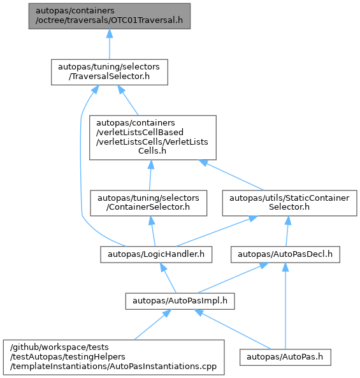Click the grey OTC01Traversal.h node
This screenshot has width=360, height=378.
click(x=110, y=16)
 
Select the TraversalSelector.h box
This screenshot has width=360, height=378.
click(x=110, y=72)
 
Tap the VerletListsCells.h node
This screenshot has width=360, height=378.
click(x=153, y=138)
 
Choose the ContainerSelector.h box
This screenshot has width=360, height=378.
click(x=148, y=203)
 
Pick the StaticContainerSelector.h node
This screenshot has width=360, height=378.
click(x=289, y=203)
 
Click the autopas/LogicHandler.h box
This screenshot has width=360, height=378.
click(x=156, y=254)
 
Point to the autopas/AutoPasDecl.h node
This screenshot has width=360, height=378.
click(x=285, y=254)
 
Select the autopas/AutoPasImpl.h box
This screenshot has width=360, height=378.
click(x=180, y=301)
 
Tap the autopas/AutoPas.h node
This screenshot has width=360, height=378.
click(x=285, y=357)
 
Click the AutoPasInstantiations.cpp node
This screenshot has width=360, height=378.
click(x=114, y=357)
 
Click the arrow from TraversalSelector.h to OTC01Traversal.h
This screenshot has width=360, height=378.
click(x=110, y=44)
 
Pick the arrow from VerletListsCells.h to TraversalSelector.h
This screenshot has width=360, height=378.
click(x=127, y=100)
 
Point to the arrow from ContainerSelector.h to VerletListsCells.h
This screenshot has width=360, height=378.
click(x=150, y=175)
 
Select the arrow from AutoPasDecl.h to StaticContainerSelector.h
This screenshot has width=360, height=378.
click(x=287, y=231)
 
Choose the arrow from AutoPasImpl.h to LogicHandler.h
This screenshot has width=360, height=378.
click(x=168, y=278)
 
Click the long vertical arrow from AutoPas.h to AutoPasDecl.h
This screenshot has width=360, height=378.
click(x=285, y=306)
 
